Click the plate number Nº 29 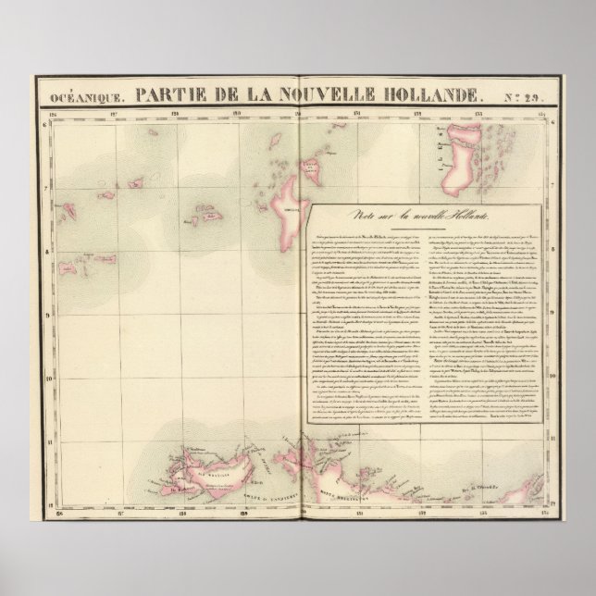(x=528, y=95)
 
